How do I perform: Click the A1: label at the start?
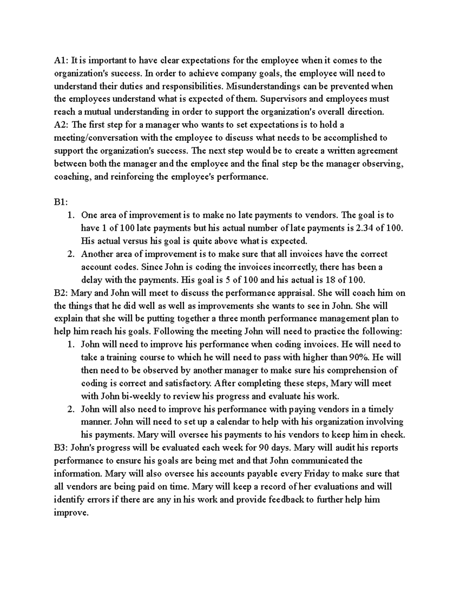point(61,60)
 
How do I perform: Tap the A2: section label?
point(62,125)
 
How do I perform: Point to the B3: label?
point(62,447)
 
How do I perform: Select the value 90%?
point(359,357)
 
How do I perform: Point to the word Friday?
point(317,474)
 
